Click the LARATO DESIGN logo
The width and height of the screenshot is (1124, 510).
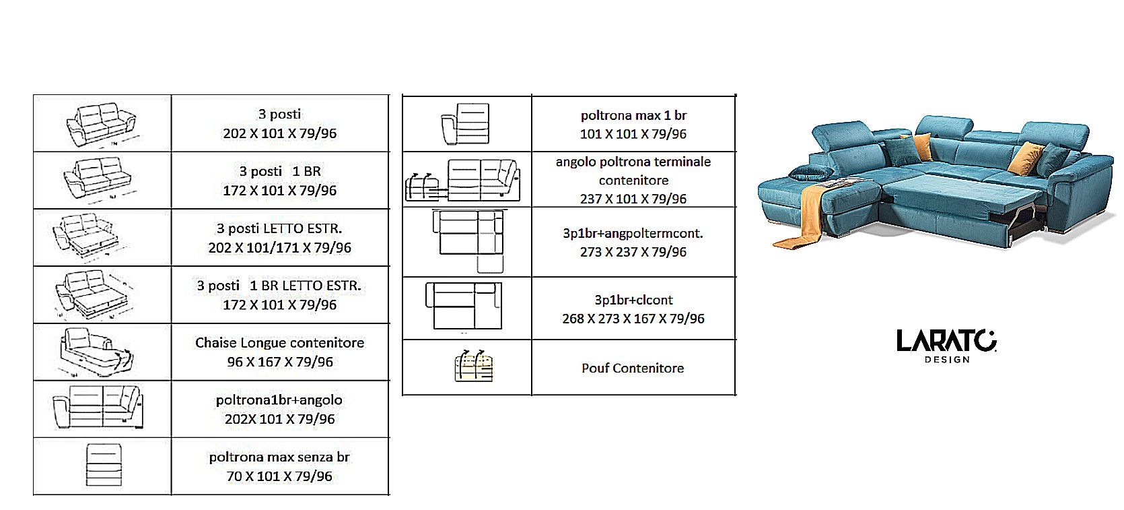946,346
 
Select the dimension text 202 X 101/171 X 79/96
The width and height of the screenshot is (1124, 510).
279,248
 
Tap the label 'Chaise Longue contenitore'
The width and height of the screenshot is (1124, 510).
279,343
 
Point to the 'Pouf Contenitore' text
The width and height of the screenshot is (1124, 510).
633,369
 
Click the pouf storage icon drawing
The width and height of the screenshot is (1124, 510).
474,366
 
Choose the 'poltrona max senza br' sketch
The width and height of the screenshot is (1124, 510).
104,465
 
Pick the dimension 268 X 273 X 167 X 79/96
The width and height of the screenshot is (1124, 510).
633,319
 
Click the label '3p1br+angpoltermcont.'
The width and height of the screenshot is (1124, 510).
633,234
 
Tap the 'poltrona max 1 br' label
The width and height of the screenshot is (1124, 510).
633,116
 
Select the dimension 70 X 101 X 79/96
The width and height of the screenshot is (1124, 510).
279,476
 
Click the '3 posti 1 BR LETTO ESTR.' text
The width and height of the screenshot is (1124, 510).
279,286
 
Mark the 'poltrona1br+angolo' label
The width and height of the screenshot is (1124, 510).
279,400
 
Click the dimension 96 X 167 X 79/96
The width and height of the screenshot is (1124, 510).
279,362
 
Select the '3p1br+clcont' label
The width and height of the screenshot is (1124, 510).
633,300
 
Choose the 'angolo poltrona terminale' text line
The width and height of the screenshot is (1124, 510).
633,162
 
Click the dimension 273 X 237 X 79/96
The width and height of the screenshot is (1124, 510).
633,252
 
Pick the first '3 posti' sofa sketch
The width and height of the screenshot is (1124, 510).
102,125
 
